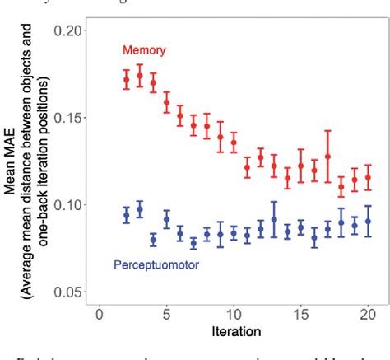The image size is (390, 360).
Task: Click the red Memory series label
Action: pyautogui.click(x=144, y=50)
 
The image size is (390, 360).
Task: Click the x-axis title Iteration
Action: pyautogui.click(x=234, y=334)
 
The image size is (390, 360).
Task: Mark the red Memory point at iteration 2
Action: pyautogui.click(x=126, y=80)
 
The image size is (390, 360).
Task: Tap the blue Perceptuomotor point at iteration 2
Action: pyautogui.click(x=126, y=215)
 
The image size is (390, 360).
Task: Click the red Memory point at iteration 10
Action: pyautogui.click(x=234, y=143)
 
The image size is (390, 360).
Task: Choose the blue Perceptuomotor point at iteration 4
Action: pyautogui.click(x=153, y=240)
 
